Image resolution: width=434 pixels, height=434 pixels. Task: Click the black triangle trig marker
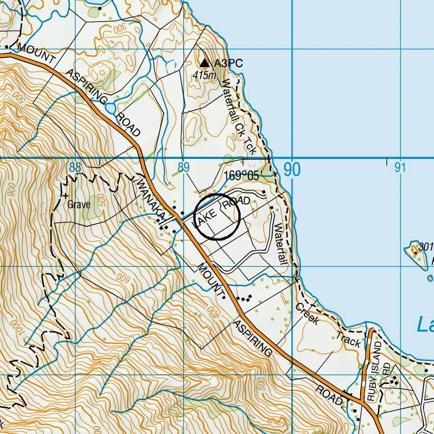(x=204, y=62)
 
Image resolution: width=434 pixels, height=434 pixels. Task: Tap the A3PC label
(x=228, y=63)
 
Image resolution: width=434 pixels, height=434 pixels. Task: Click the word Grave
(x=79, y=204)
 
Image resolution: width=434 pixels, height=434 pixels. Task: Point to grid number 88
(x=75, y=167)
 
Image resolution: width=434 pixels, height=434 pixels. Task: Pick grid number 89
(x=183, y=167)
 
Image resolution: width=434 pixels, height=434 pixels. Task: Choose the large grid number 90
(x=292, y=169)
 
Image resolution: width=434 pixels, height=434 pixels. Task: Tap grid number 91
(x=400, y=168)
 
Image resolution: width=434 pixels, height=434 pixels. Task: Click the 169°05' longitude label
(x=242, y=176)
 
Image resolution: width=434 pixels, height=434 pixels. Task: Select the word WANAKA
(x=151, y=200)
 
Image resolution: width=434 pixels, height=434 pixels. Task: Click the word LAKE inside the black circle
(x=204, y=218)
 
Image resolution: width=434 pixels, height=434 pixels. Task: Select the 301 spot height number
(x=426, y=247)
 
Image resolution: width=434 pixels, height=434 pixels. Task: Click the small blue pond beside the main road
(x=111, y=108)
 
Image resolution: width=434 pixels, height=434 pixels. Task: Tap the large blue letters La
(x=425, y=324)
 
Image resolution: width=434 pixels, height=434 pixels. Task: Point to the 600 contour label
(x=122, y=277)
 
